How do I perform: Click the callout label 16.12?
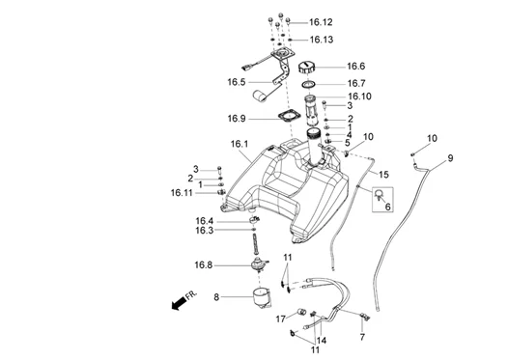coord(321,22)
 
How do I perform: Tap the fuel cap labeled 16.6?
coord(306,68)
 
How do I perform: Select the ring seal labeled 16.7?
coord(308,85)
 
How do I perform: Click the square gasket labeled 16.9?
coord(290,117)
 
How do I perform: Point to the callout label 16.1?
coord(240,144)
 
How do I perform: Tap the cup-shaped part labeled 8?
coord(262,297)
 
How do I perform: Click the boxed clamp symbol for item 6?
coord(382,199)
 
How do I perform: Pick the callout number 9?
coord(450,158)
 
